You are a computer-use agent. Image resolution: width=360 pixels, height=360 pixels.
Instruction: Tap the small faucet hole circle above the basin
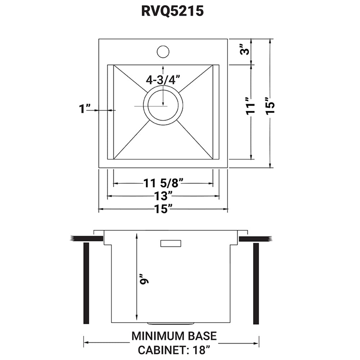point(163,51)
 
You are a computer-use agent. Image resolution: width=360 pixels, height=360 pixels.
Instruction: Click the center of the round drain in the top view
point(163,105)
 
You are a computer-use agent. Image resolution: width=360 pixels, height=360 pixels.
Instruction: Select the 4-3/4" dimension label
point(163,80)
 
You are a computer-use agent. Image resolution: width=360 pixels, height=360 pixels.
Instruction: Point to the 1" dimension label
point(86,108)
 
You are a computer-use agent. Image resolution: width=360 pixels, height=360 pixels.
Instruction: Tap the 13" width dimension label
point(163,196)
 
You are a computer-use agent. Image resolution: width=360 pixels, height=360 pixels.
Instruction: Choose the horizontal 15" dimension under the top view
point(163,209)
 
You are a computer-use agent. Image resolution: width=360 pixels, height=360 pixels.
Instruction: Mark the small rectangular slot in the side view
point(170,244)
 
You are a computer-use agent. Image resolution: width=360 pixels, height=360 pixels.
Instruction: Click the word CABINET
point(156,350)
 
